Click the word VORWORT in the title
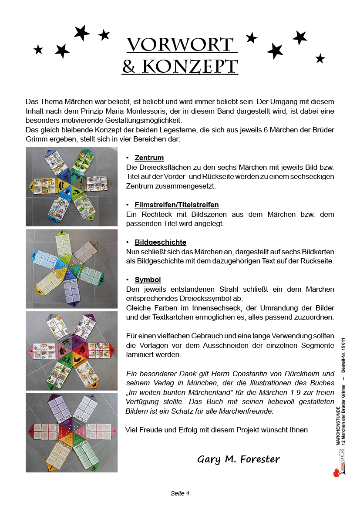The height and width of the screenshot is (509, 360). (180, 45)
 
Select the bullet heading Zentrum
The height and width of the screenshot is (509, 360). (149, 158)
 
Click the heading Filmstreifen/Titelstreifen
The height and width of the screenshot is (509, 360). (176, 205)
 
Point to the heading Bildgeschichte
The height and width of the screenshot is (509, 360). (160, 242)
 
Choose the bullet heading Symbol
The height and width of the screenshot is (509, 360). (148, 280)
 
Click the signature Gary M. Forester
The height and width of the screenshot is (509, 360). (239, 459)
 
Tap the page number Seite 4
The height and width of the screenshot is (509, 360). (180, 493)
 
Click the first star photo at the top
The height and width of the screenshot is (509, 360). (71, 187)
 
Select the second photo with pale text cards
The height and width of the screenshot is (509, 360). (71, 269)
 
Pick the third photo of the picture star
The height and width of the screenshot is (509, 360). (71, 351)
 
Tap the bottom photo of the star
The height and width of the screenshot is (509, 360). (71, 432)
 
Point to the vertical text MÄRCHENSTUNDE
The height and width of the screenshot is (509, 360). (338, 425)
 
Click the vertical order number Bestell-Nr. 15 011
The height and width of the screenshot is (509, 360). (343, 355)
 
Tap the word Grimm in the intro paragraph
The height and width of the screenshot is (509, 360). (36, 140)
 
